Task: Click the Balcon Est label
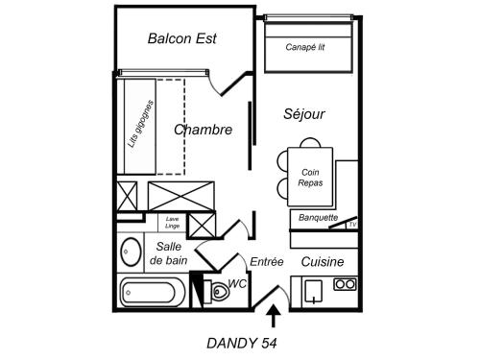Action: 182,39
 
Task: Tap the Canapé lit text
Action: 305,46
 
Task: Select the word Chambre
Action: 203,130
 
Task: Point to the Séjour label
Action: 304,114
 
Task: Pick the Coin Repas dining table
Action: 310,177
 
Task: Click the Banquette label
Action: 318,217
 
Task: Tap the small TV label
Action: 352,225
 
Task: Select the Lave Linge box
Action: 173,223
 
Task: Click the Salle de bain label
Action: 170,253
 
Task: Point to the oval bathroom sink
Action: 130,253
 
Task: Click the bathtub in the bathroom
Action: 149,291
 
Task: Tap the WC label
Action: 238,284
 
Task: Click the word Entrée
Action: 267,261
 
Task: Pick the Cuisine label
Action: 324,261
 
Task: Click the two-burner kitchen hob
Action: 344,284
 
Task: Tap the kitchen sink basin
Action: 312,290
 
